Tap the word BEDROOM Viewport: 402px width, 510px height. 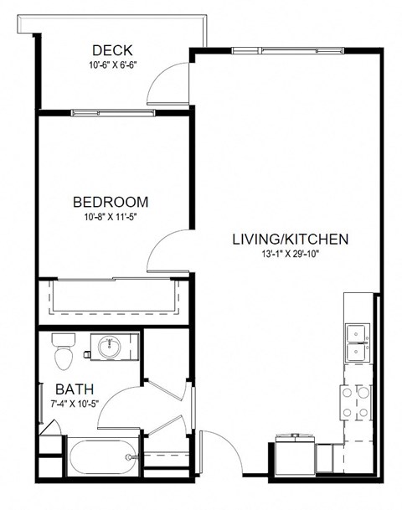111,202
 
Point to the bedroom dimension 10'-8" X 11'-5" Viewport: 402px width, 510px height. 111,218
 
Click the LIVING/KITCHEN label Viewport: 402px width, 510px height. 290,239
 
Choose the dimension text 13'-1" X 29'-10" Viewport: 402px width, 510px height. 290,255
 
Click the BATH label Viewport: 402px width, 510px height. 75,389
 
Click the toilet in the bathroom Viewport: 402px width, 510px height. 63,353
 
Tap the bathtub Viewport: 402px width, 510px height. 101,457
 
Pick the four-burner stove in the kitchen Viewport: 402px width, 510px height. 356,402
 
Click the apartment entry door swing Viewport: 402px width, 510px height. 219,452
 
